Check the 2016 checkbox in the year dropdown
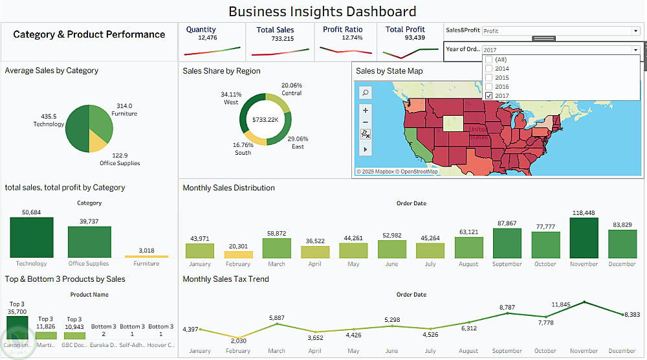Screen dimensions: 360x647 point(488,87)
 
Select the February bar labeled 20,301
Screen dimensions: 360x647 point(238,254)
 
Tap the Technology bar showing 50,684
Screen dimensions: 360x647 point(32,238)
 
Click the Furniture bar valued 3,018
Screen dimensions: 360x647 point(146,256)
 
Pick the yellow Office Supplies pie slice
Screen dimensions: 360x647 point(98,141)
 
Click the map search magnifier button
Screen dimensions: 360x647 point(366,93)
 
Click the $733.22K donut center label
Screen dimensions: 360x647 point(265,120)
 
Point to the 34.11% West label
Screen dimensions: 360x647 point(231,98)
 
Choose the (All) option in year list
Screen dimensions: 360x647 point(488,60)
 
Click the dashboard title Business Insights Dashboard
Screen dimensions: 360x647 point(322,12)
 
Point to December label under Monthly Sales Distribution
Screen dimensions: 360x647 point(622,264)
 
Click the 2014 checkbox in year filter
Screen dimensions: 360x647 point(488,69)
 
